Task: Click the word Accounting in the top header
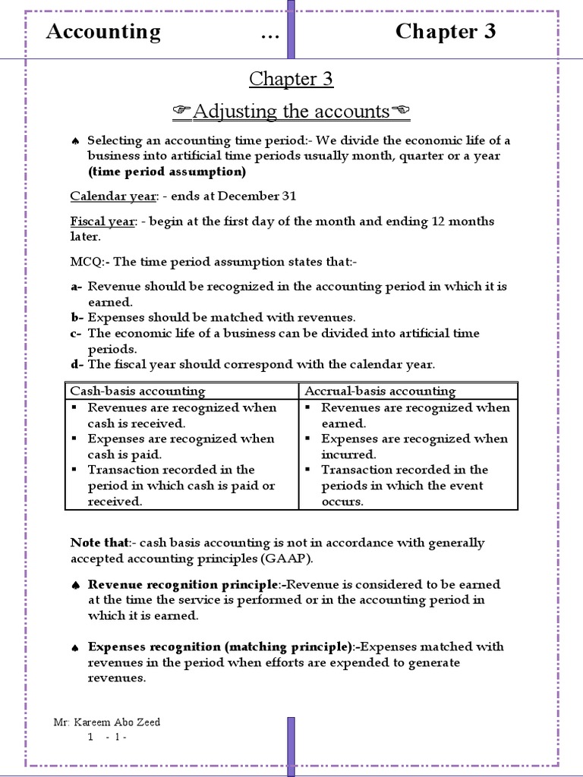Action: (x=103, y=32)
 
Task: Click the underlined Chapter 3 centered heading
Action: (x=291, y=79)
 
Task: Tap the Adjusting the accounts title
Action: (x=291, y=112)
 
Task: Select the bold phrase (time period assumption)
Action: (x=166, y=171)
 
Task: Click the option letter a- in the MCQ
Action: (x=77, y=286)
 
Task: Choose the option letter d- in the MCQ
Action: (x=77, y=364)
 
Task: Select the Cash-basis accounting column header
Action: (x=137, y=391)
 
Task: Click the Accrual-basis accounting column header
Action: (x=380, y=391)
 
